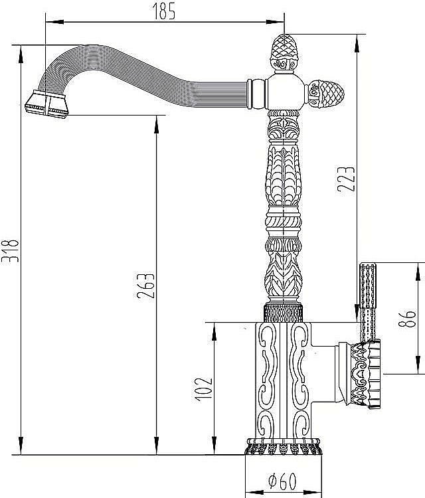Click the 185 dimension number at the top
point(163,11)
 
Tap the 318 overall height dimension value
point(10,250)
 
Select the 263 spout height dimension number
point(146,286)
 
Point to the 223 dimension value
point(345,179)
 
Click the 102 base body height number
point(203,389)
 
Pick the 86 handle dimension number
point(406,318)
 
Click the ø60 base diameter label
point(282,481)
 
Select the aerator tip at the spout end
point(46,104)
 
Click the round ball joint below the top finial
point(285,92)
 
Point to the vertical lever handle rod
point(367,302)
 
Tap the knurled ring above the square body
point(283,313)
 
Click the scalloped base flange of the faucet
point(283,446)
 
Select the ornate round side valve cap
point(365,374)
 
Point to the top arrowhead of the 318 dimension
point(21,54)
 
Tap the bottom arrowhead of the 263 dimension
point(156,446)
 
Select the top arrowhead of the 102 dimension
point(214,331)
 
